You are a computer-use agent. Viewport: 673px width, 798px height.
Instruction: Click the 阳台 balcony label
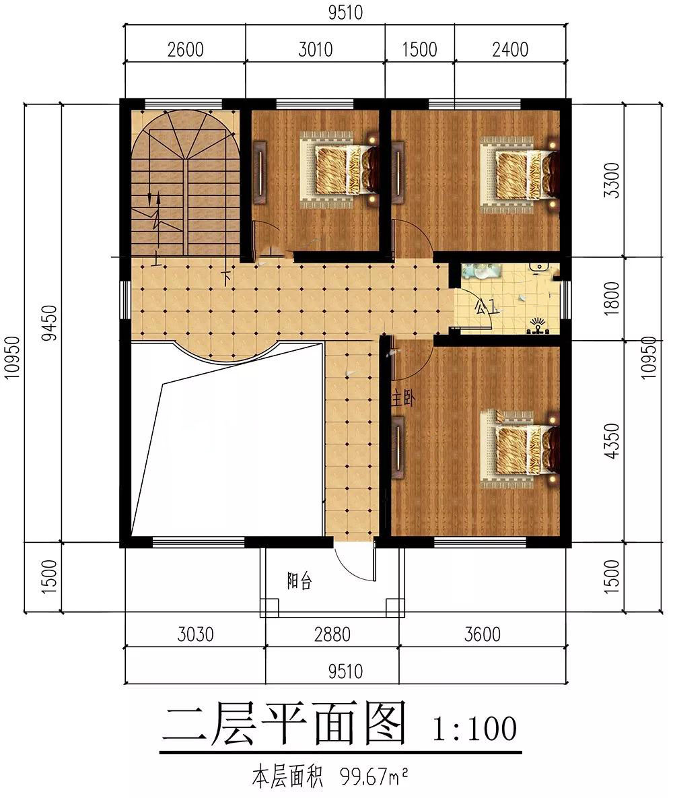click(x=299, y=580)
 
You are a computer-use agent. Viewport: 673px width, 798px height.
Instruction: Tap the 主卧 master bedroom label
click(x=402, y=398)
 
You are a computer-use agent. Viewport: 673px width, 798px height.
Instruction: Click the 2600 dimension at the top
click(x=186, y=50)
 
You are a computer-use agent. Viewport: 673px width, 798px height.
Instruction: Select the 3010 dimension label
click(x=316, y=50)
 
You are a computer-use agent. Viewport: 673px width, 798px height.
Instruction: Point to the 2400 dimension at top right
click(x=510, y=50)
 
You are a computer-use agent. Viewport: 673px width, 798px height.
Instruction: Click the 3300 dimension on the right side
click(x=613, y=180)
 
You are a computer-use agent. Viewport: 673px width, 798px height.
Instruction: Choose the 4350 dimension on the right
click(x=613, y=441)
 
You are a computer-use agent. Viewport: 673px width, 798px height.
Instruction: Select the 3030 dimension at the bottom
click(x=196, y=634)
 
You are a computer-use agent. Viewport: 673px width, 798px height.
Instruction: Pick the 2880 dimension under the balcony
click(x=332, y=634)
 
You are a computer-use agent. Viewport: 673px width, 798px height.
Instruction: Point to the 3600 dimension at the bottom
click(x=483, y=634)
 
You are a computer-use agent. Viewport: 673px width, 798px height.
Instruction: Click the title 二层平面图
click(x=285, y=723)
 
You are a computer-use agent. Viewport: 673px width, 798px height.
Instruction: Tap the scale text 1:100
click(x=474, y=728)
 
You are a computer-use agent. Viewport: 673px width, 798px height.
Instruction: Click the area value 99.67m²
click(x=374, y=777)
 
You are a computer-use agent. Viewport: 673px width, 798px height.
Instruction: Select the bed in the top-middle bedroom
click(x=339, y=170)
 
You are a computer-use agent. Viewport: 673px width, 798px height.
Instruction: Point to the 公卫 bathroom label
click(x=486, y=306)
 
